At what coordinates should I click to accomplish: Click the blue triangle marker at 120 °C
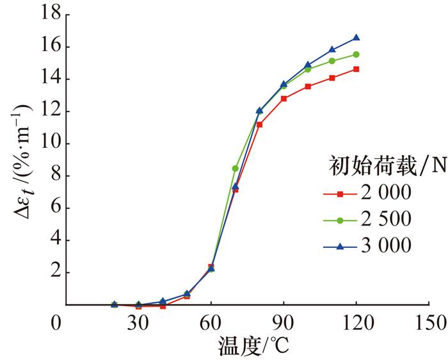pyautogui.click(x=356, y=38)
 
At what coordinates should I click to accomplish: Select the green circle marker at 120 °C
pyautogui.click(x=356, y=54)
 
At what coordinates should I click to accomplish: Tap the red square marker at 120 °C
pyautogui.click(x=356, y=69)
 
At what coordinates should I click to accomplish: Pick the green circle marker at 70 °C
pyautogui.click(x=235, y=168)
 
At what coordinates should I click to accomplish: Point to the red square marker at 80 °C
pyautogui.click(x=259, y=124)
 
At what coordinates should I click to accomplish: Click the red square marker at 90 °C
pyautogui.click(x=284, y=99)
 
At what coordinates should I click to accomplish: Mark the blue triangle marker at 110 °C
pyautogui.click(x=332, y=49)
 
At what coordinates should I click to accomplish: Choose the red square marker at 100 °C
pyautogui.click(x=308, y=86)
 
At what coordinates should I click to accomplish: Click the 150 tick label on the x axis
pyautogui.click(x=428, y=322)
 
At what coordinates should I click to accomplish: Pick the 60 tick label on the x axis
pyautogui.click(x=211, y=322)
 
